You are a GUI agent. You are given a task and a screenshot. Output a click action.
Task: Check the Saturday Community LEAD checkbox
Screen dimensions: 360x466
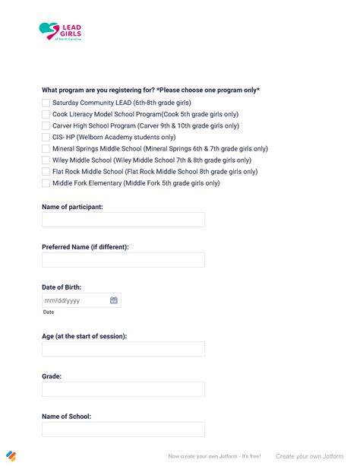pos(46,103)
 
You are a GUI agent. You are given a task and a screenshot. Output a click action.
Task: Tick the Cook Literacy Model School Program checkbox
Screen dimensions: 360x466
pos(46,114)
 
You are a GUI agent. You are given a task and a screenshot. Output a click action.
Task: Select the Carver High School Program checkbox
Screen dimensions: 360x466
pos(46,125)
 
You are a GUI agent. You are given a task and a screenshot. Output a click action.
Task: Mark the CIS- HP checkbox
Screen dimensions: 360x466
pos(46,137)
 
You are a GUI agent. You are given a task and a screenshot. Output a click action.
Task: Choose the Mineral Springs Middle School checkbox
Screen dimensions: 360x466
pos(46,149)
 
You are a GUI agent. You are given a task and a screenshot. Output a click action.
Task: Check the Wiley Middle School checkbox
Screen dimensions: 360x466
pos(46,160)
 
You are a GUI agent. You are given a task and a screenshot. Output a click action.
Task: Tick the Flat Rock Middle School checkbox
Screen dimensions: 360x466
pos(46,172)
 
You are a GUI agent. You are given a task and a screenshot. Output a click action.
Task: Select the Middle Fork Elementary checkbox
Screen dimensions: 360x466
pos(46,183)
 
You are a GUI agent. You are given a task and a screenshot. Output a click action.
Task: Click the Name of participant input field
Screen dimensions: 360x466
pos(123,220)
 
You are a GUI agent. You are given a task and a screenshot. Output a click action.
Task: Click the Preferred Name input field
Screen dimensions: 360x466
pos(123,260)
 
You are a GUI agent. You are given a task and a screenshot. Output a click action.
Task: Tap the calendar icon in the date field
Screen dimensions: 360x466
pos(114,300)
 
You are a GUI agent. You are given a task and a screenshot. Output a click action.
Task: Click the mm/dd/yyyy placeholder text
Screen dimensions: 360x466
pos(62,300)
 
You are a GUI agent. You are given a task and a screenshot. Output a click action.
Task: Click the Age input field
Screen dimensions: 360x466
pos(123,349)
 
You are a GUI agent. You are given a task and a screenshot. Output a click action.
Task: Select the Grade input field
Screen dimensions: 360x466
pos(123,389)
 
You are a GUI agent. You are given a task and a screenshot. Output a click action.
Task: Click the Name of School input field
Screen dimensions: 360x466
pos(123,430)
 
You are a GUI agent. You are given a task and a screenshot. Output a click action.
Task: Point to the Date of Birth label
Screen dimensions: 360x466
pos(62,287)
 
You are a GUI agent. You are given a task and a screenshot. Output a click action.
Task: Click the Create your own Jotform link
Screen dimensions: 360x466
pos(309,456)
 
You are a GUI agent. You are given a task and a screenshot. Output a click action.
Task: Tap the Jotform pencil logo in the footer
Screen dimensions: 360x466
pos(11,456)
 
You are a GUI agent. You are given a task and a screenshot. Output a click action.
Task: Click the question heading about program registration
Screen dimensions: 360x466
pos(150,90)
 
